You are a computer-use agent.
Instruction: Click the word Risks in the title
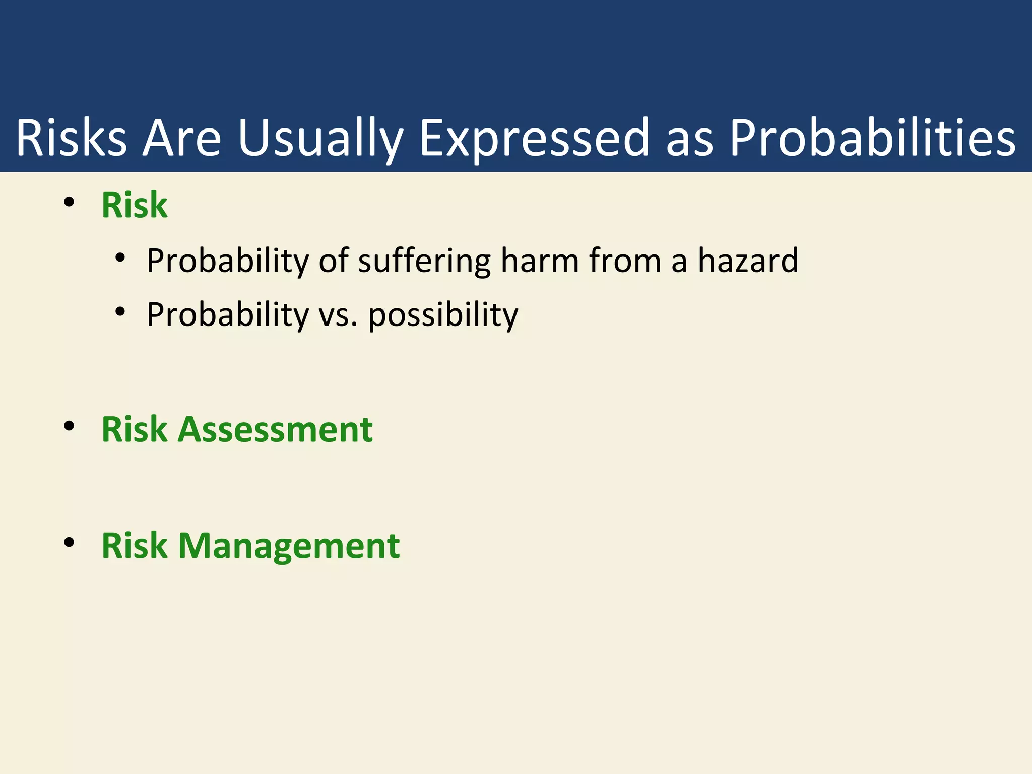click(71, 138)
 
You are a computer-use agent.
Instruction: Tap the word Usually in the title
click(320, 138)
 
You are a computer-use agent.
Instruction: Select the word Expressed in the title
click(534, 138)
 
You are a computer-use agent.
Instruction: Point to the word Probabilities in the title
click(872, 138)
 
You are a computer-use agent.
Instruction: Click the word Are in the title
click(181, 138)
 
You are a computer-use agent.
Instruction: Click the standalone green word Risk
click(134, 205)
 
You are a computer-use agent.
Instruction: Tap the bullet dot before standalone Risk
click(70, 203)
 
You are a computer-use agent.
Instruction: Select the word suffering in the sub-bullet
click(424, 261)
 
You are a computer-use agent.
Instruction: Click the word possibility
click(443, 315)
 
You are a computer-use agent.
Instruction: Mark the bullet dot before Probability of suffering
click(120, 258)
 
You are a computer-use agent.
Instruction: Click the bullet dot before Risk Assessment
click(70, 426)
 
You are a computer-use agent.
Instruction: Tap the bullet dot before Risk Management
click(70, 543)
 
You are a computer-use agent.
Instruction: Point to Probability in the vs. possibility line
click(228, 315)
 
